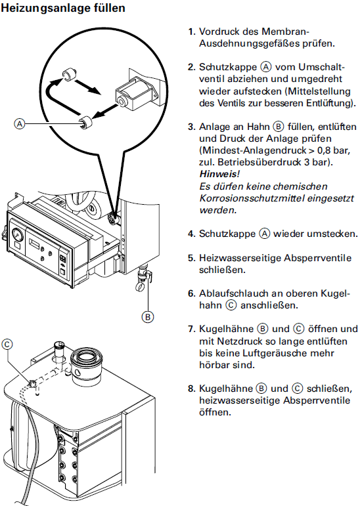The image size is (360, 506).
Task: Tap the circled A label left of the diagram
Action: coord(20,123)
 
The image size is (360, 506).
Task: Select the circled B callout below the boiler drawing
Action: coord(148,316)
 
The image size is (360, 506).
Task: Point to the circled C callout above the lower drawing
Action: coord(8,343)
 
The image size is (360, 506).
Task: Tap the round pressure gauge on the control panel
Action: coord(16,234)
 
